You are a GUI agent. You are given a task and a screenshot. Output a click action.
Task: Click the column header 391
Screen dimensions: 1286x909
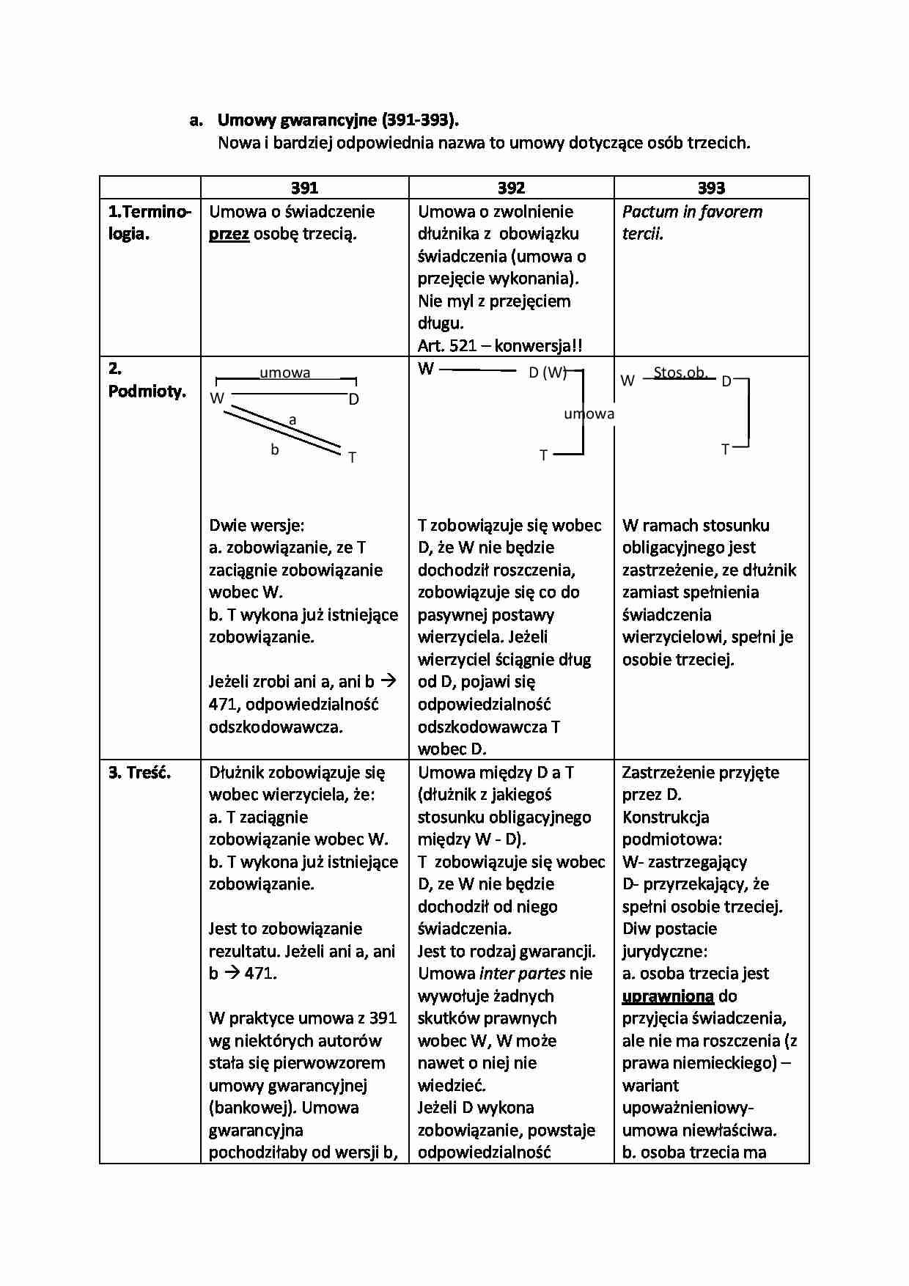(x=304, y=188)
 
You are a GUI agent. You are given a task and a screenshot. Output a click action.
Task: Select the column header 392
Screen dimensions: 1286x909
(x=511, y=188)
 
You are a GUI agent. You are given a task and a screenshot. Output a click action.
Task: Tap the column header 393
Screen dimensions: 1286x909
(x=711, y=188)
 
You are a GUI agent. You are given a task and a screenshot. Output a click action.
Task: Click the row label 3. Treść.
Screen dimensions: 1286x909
(x=139, y=772)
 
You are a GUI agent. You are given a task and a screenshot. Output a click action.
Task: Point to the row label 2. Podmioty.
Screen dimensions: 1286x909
(x=147, y=381)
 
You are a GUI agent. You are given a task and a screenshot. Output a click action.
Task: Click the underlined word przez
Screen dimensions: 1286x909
(x=229, y=235)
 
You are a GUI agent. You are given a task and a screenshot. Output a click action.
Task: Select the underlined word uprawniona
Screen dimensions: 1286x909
(x=668, y=996)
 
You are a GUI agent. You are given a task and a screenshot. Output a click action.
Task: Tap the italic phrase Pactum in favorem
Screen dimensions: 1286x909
(x=692, y=212)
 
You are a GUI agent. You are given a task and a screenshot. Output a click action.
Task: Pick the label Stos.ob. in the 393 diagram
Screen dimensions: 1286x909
(x=680, y=372)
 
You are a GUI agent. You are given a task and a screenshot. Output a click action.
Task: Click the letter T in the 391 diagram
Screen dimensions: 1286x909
(x=352, y=458)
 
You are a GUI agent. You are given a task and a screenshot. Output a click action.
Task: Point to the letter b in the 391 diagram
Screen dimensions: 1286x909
(x=275, y=449)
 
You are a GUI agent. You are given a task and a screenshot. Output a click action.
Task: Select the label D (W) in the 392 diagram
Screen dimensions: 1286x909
(x=548, y=372)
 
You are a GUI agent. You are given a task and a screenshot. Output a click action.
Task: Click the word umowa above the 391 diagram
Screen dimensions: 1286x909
(x=285, y=372)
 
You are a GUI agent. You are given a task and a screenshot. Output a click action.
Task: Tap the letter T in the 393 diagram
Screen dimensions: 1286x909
(x=725, y=449)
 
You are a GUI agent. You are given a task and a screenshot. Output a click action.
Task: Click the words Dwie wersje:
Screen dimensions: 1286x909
(x=257, y=526)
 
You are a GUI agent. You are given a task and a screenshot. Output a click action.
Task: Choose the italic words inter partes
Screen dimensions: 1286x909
(x=522, y=974)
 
